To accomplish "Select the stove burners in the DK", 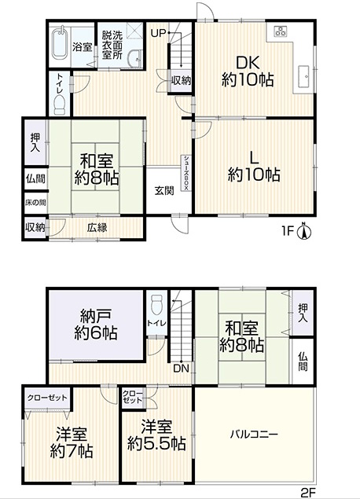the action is (281, 31).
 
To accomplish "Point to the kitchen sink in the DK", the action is (304, 76).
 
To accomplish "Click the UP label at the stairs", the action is (158, 33).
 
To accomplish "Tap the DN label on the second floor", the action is (181, 369).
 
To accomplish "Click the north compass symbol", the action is (304, 231).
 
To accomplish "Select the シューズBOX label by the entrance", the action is (186, 173).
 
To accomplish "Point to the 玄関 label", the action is (164, 191).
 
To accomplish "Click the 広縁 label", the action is (97, 228).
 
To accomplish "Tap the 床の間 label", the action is (35, 203).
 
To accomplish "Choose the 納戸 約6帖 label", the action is (95, 325).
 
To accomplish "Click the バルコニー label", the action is (254, 434).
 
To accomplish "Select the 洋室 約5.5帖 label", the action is (156, 435).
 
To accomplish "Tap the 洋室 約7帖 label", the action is (72, 443).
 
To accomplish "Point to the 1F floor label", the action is (287, 231).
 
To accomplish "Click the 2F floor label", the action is (308, 493).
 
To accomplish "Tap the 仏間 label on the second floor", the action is (303, 361).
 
